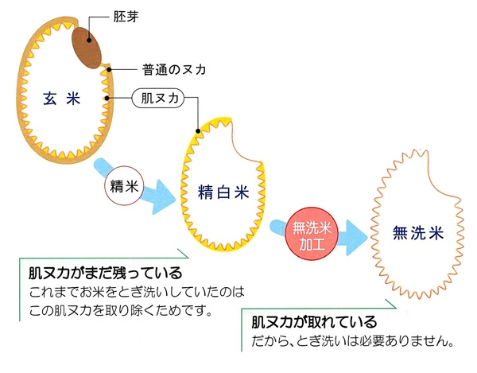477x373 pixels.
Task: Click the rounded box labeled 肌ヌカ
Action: (x=162, y=99)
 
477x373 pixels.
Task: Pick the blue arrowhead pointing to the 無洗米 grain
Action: (x=353, y=234)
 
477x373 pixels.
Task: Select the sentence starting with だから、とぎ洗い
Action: (x=351, y=344)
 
